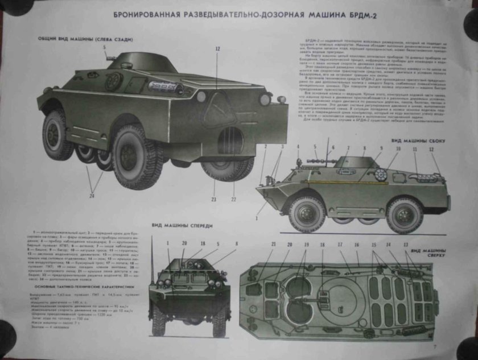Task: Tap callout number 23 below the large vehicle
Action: click(x=214, y=199)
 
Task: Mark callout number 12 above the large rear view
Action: click(x=217, y=49)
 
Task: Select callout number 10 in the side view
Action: click(x=398, y=148)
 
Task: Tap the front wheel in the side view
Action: click(x=307, y=214)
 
